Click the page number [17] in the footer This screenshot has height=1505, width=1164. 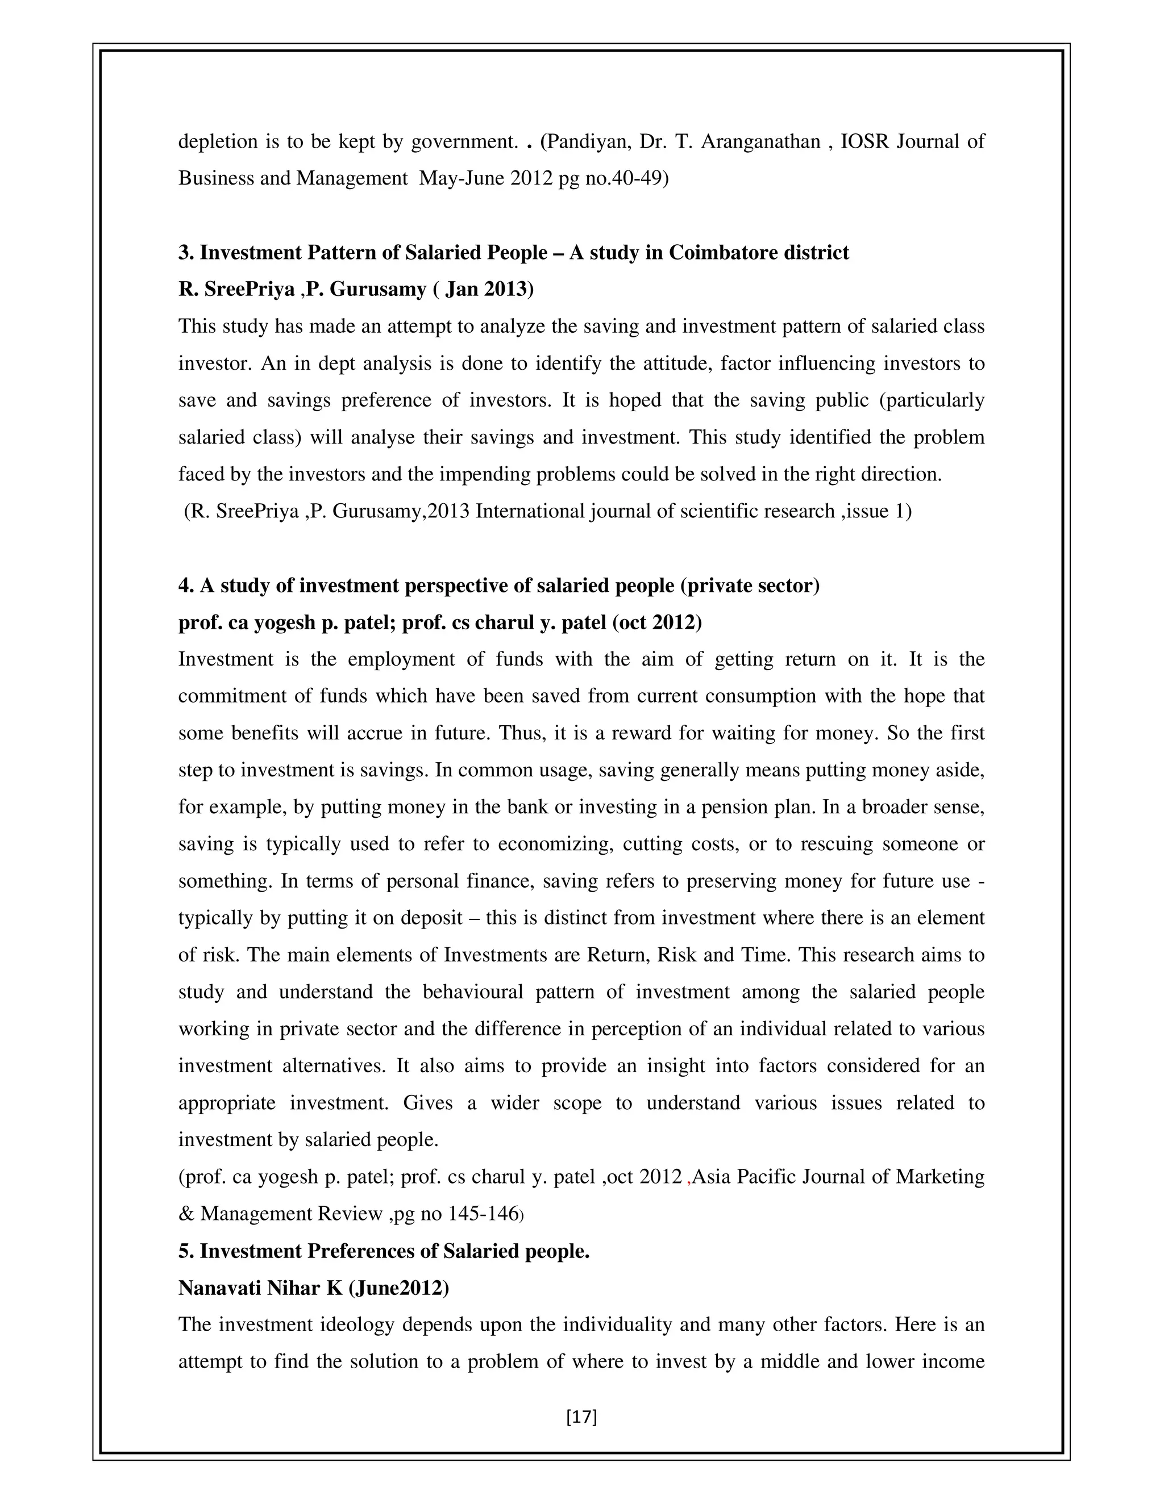click(x=581, y=1417)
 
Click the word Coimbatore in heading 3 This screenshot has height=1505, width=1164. click(x=723, y=253)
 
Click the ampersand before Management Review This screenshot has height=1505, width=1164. click(x=186, y=1214)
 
